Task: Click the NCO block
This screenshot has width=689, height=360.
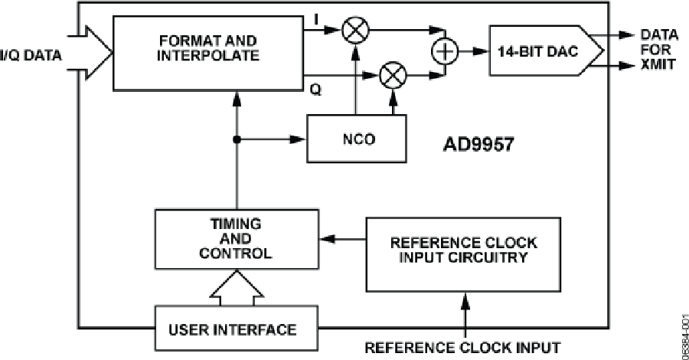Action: pyautogui.click(x=354, y=139)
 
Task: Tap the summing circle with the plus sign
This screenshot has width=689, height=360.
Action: pyautogui.click(x=444, y=51)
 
